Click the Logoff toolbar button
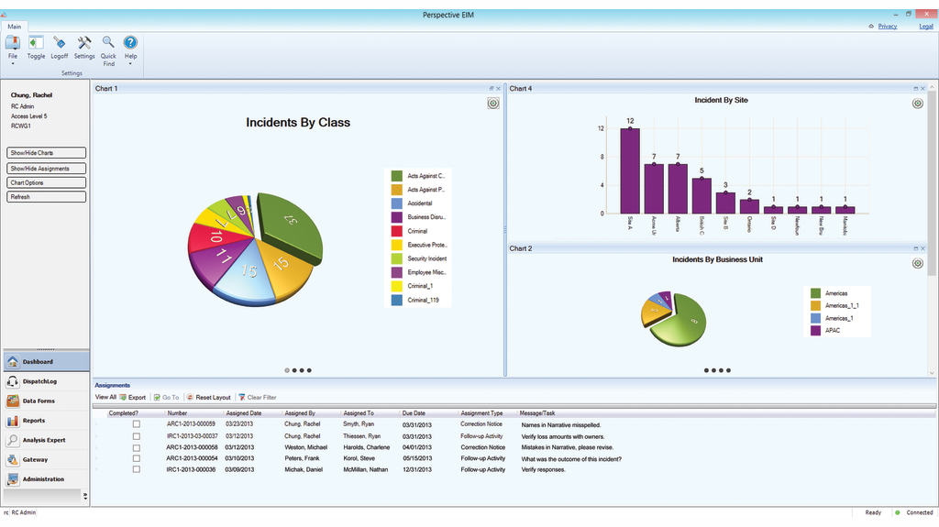pyautogui.click(x=59, y=47)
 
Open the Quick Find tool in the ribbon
pyautogui.click(x=108, y=49)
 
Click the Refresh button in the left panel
pyautogui.click(x=47, y=197)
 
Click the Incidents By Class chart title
pyautogui.click(x=297, y=122)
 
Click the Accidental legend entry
pyautogui.click(x=421, y=203)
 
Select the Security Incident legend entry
pyautogui.click(x=426, y=258)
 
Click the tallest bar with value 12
pyautogui.click(x=630, y=170)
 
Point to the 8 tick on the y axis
pyautogui.click(x=602, y=157)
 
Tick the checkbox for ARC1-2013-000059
pyautogui.click(x=137, y=424)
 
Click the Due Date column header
pyautogui.click(x=414, y=413)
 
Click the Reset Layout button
pyautogui.click(x=211, y=398)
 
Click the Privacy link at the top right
pyautogui.click(x=887, y=27)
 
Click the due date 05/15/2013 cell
pyautogui.click(x=417, y=458)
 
